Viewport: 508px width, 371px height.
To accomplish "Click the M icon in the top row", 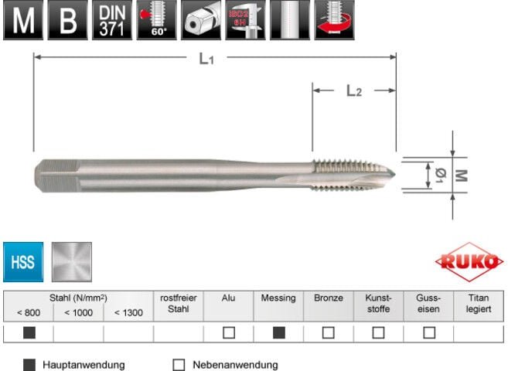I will [22, 20].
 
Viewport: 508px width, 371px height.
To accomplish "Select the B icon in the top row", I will [67, 20].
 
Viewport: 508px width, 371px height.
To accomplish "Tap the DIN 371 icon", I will [111, 20].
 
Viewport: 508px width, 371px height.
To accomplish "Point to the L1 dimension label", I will [206, 59].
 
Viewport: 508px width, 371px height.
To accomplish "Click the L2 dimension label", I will [353, 91].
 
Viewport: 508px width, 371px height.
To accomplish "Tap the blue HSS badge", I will [23, 261].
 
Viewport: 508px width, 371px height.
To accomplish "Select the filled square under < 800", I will [29, 333].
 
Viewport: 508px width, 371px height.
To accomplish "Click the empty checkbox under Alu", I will [228, 333].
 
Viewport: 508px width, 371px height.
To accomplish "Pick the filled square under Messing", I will [278, 333].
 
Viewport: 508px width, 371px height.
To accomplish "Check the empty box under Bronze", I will [329, 333].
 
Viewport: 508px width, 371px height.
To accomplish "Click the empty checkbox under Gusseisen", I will [428, 333].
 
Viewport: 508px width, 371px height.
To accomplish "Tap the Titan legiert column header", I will [478, 303].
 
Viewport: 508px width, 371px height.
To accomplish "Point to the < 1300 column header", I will [128, 312].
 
